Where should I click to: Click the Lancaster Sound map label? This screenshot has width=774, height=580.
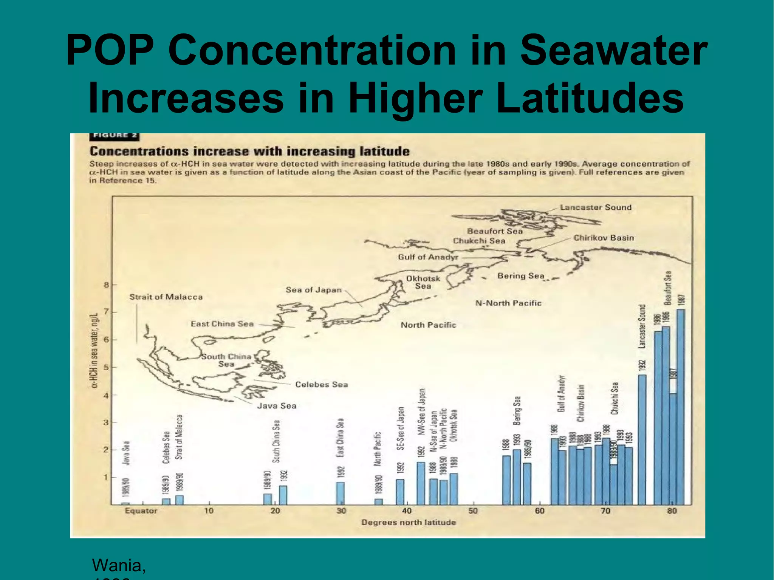coord(596,207)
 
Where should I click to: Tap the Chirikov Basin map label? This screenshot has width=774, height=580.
coord(604,238)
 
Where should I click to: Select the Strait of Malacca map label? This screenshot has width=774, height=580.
coord(166,297)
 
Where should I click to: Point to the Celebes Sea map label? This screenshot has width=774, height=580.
coord(321,385)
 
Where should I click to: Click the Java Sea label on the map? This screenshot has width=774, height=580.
coord(277,406)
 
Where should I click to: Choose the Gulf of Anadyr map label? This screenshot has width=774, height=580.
coord(428,257)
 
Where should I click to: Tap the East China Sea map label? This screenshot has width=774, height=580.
coord(222,324)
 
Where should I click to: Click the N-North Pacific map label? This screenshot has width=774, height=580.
coord(508,303)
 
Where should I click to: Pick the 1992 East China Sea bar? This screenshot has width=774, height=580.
coord(340,493)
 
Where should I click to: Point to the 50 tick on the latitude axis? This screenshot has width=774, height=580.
coord(473,511)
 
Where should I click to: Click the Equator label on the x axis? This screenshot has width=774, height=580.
coord(141,511)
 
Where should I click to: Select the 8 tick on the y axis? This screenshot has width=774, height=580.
coord(106,285)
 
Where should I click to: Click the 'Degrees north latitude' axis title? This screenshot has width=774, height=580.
coord(409,523)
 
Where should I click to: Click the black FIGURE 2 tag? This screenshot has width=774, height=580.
coord(115,136)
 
